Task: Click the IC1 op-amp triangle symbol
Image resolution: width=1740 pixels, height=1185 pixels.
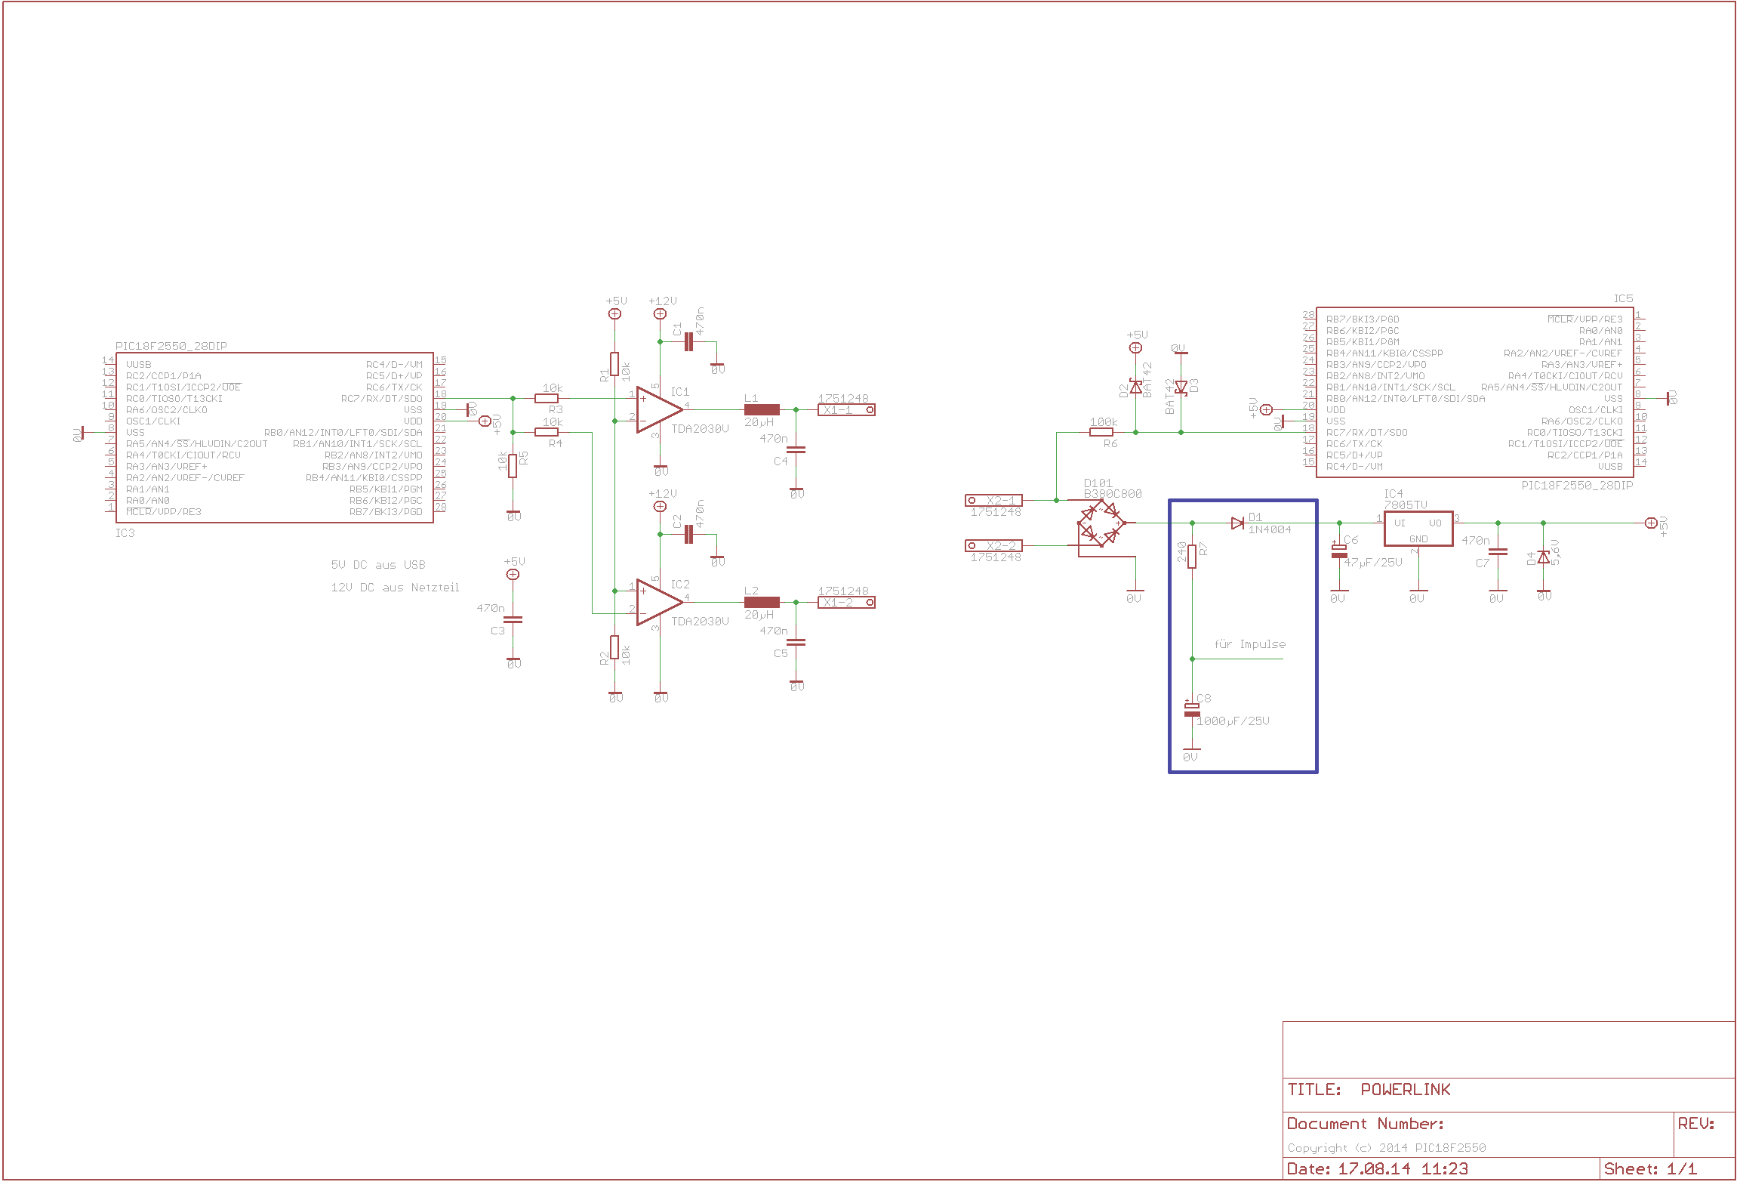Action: pos(658,410)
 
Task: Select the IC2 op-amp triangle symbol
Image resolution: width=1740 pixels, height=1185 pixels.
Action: pos(658,603)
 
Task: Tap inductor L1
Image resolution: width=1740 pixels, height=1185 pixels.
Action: pos(762,410)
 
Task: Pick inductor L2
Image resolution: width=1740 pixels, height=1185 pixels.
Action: pos(762,603)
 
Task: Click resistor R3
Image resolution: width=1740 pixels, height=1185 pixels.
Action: pos(547,398)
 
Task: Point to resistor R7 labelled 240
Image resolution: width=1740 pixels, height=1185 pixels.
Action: pos(1192,557)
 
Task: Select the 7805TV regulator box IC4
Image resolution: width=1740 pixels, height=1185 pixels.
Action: pos(1418,529)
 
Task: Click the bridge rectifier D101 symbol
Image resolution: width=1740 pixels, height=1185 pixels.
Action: pos(1101,523)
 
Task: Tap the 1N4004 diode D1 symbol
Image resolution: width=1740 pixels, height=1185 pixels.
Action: pos(1237,523)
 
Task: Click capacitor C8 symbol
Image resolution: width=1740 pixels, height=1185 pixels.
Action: pos(1192,710)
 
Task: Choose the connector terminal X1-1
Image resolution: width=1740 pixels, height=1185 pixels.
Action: pos(846,410)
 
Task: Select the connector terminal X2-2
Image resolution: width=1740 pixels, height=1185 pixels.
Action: pos(993,545)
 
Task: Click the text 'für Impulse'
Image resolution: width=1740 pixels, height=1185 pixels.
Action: pos(1249,644)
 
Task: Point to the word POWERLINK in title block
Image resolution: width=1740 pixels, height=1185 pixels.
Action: pos(1405,1089)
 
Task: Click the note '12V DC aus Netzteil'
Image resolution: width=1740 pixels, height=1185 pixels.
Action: pos(395,588)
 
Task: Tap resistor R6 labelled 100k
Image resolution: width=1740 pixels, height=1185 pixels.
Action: pos(1101,432)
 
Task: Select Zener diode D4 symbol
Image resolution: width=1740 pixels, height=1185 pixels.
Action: pos(1544,557)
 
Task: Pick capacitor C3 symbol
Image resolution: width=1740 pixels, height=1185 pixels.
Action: pos(513,620)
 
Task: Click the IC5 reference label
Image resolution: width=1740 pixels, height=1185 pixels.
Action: pos(1623,299)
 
